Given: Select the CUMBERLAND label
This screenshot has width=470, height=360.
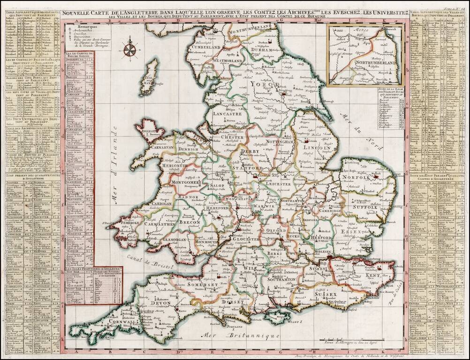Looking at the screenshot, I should click(205, 47).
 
